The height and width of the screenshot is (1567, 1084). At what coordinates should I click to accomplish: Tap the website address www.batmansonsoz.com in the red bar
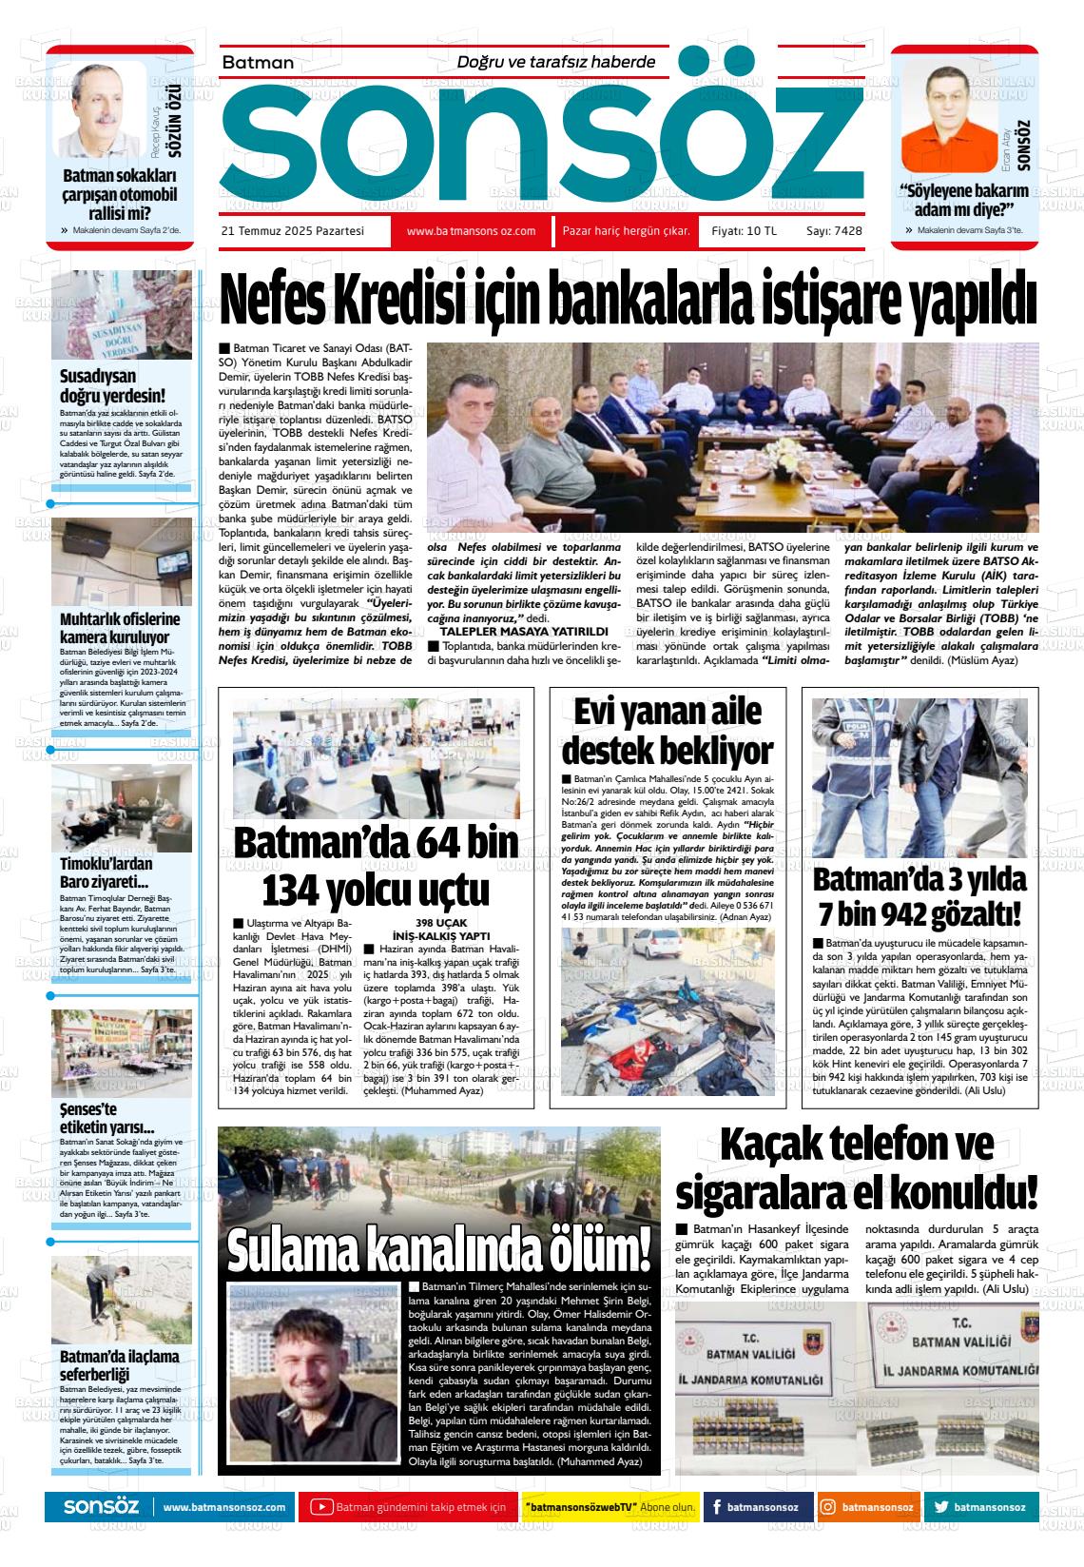[471, 231]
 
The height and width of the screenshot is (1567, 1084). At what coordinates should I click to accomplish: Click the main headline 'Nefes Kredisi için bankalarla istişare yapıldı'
[628, 302]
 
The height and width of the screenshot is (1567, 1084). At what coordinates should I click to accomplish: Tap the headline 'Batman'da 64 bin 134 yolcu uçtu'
[376, 867]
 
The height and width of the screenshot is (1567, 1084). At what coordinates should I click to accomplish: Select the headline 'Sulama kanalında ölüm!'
[439, 1246]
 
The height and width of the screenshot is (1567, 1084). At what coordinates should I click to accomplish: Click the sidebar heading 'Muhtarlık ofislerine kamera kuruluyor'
[120, 628]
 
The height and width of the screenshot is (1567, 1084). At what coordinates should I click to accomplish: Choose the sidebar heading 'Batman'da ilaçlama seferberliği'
[119, 1365]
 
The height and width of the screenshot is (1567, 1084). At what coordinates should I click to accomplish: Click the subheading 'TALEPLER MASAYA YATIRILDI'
[524, 631]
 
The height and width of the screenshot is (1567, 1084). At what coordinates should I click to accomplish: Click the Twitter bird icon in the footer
[940, 1507]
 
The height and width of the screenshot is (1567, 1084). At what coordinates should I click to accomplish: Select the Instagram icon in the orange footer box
[828, 1507]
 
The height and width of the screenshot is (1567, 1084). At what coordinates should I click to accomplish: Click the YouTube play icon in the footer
[321, 1507]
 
